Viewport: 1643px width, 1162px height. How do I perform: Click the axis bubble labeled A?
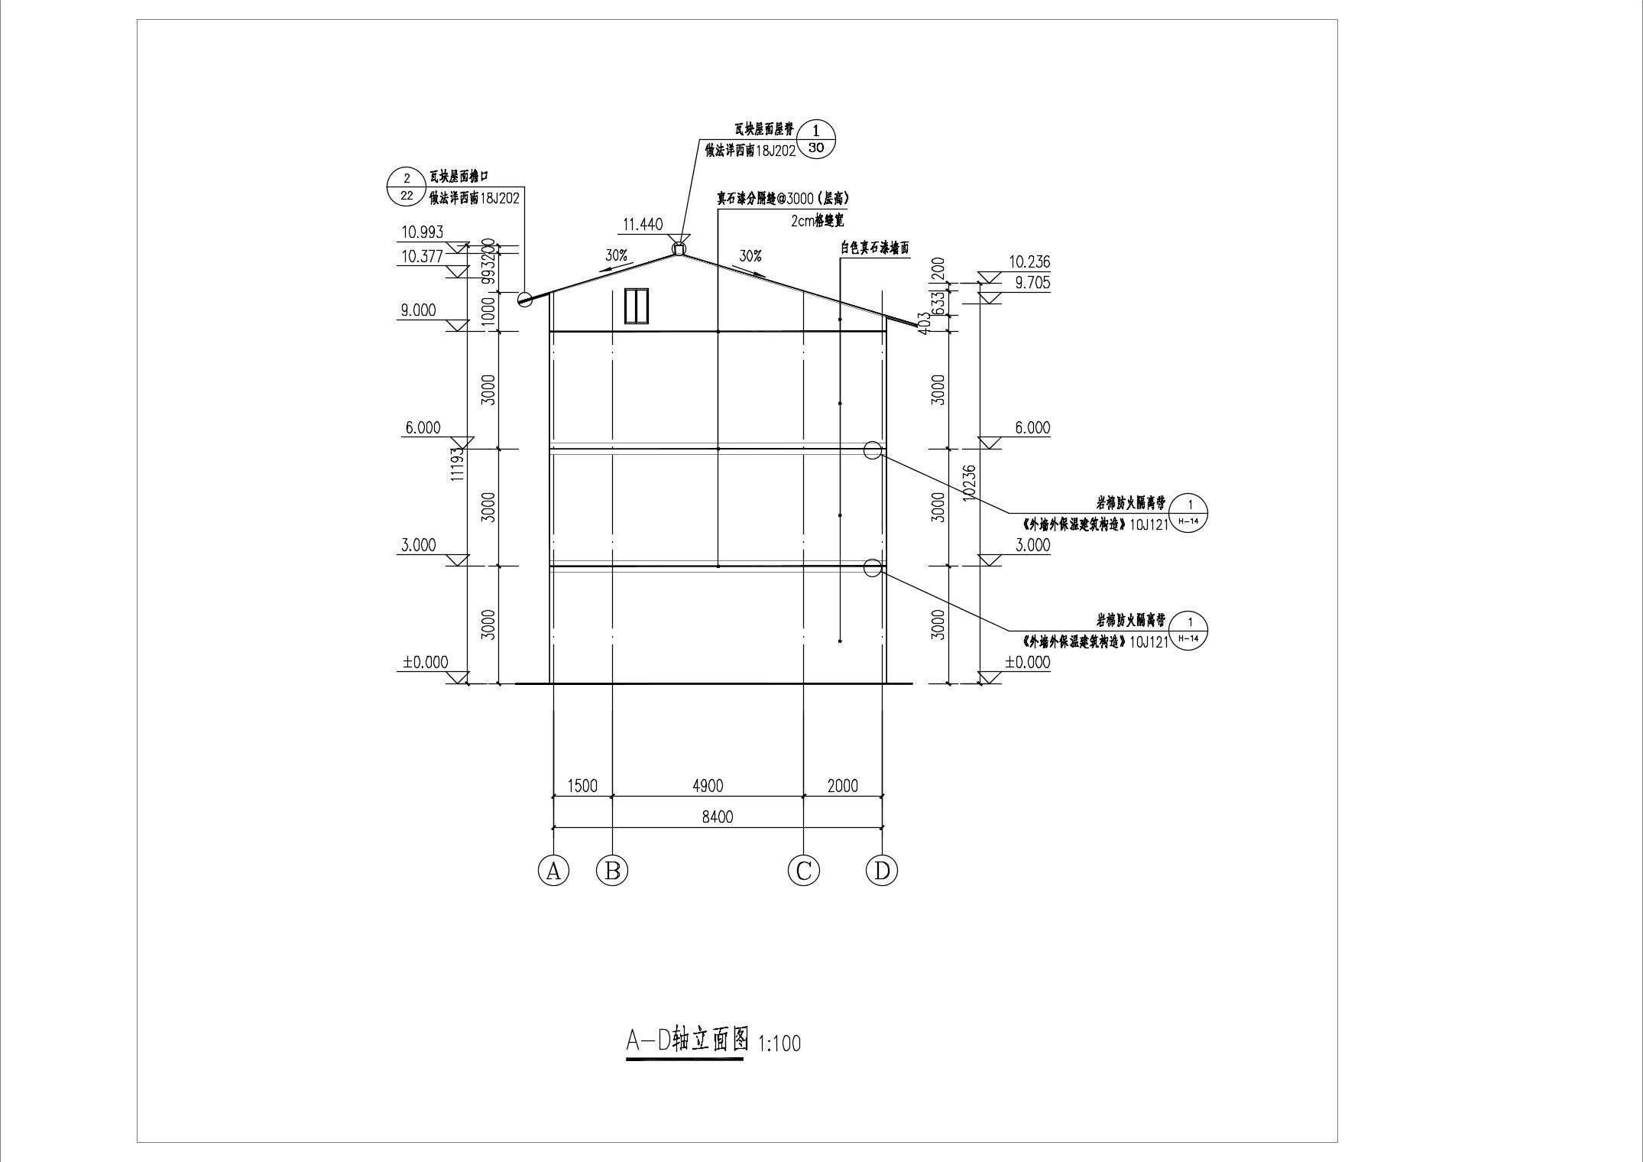click(x=554, y=871)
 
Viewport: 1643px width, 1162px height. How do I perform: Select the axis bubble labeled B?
click(x=612, y=871)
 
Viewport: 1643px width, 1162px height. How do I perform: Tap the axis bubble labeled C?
click(x=803, y=871)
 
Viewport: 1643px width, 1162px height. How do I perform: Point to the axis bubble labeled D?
click(x=882, y=871)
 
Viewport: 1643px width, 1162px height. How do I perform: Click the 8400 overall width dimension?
click(x=717, y=817)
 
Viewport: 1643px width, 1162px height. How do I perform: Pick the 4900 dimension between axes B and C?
click(x=708, y=786)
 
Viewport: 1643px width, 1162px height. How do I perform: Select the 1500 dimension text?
click(x=582, y=786)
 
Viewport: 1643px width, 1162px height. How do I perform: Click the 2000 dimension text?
click(x=843, y=786)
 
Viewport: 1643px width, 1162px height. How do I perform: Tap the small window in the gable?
click(x=636, y=306)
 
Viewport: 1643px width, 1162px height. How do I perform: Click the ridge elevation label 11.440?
click(x=643, y=225)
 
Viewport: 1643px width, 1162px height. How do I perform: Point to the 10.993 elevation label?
click(x=423, y=232)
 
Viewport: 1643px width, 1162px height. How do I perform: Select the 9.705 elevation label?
click(x=1032, y=283)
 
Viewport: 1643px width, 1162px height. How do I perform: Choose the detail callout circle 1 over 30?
click(x=816, y=140)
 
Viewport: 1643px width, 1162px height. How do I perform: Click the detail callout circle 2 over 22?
click(x=407, y=187)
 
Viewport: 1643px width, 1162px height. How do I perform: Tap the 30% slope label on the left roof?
click(x=616, y=255)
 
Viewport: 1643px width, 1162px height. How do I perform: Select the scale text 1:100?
click(x=779, y=1044)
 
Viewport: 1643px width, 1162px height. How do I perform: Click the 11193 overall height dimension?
click(x=457, y=464)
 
